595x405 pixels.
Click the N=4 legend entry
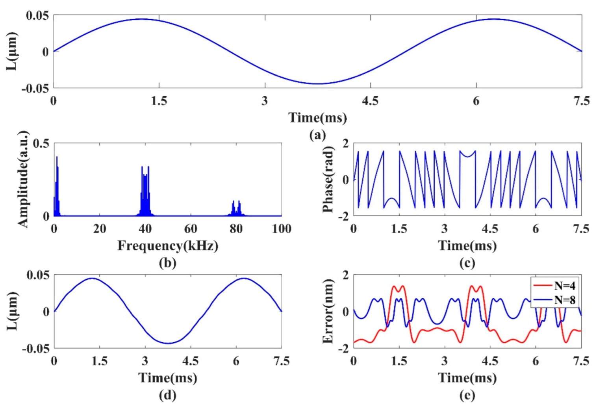click(x=564, y=286)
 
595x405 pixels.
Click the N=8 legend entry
click(x=564, y=300)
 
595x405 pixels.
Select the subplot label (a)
click(x=317, y=135)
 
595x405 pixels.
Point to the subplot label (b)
click(x=167, y=263)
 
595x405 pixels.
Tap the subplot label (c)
click(x=467, y=263)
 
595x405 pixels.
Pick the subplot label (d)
click(x=167, y=395)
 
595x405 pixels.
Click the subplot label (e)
click(x=467, y=395)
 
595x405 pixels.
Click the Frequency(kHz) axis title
click(x=168, y=246)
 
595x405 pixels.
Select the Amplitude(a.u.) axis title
click(x=23, y=179)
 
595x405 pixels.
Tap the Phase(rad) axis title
click(x=328, y=179)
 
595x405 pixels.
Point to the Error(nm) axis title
click(x=328, y=311)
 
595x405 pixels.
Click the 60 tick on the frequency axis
click(x=191, y=229)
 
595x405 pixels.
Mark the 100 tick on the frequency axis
click(x=281, y=229)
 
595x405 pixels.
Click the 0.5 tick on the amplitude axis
click(x=41, y=143)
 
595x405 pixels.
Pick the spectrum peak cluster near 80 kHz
click(x=236, y=208)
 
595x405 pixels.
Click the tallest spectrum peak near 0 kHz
click(x=57, y=158)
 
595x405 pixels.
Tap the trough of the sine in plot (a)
click(x=317, y=84)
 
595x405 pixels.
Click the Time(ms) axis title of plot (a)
click(x=317, y=117)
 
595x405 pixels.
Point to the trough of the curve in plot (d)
click(x=168, y=343)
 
